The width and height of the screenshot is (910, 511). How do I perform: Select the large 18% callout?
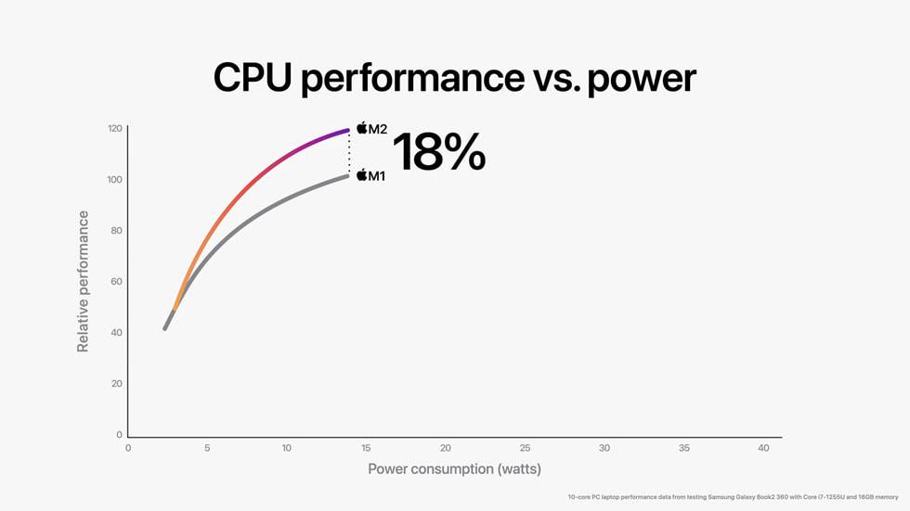pos(438,151)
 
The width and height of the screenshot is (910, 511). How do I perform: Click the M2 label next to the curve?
pos(378,129)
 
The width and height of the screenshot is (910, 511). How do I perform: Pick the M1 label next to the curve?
pos(376,175)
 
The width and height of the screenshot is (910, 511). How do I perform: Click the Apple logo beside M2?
pos(362,128)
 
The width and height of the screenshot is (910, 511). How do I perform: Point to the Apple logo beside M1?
pos(361,174)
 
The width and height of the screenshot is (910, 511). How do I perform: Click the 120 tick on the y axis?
pos(115,128)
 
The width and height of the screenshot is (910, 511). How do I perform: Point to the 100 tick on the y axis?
pos(115,179)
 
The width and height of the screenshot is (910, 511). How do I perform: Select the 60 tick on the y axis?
pos(117,281)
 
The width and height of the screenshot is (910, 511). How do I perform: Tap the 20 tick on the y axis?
pos(117,383)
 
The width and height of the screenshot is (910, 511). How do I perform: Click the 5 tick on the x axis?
pos(207,448)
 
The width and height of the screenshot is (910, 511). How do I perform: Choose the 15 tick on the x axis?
pos(366,448)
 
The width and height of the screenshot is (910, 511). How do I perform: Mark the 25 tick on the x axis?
pos(525,448)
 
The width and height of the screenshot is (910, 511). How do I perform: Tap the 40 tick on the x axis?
pos(763,448)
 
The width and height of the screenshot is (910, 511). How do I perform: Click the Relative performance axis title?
pos(84,281)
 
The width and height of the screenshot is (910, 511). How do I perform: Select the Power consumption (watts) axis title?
pos(454,468)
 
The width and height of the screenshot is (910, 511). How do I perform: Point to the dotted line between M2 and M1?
pos(349,152)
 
